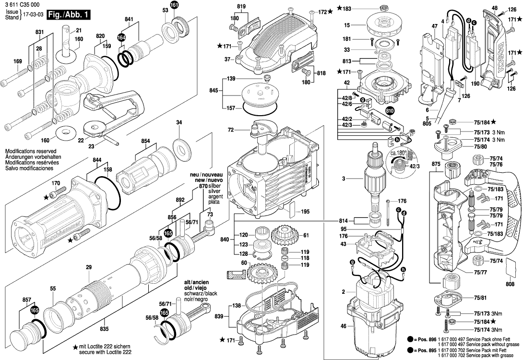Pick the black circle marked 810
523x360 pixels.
point(389,111)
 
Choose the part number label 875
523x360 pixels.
point(435,165)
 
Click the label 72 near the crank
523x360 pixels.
point(231,130)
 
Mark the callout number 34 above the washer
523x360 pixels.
point(179,123)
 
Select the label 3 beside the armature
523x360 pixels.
point(343,179)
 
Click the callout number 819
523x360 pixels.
point(240,6)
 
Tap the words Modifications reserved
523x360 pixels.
point(30,151)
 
